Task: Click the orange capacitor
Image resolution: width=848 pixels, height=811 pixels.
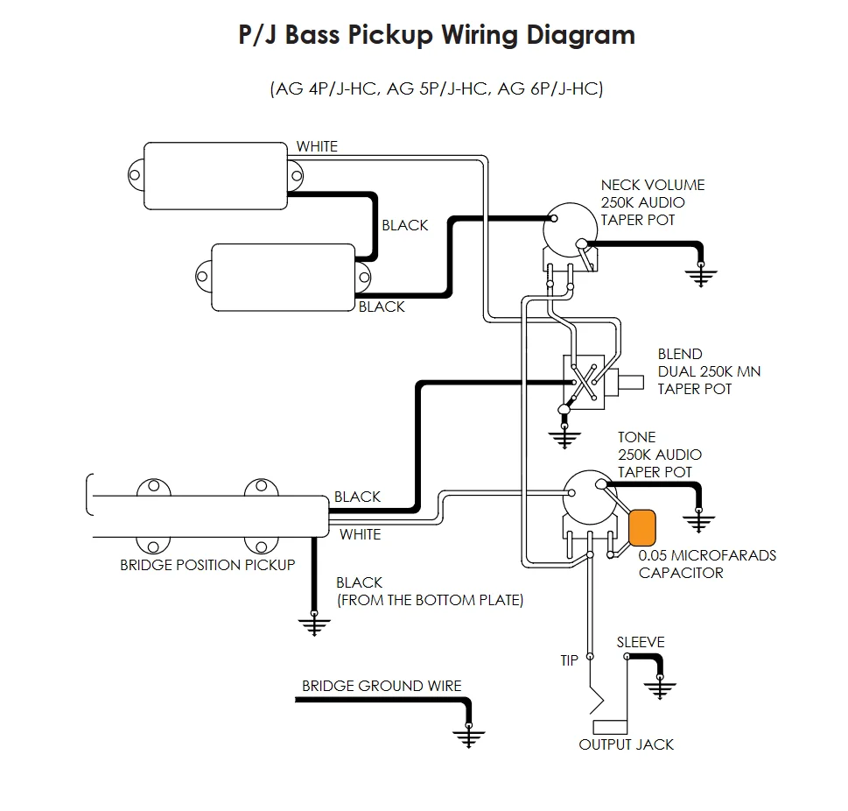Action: [643, 526]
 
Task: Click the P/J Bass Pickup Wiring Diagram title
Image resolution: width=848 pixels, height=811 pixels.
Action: [437, 36]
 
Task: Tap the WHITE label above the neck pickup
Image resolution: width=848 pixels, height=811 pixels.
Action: [317, 146]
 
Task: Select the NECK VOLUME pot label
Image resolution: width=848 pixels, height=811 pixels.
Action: [652, 202]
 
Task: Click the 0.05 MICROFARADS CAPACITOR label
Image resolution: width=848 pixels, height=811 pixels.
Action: [707, 564]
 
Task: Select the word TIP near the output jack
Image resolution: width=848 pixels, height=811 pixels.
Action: [570, 660]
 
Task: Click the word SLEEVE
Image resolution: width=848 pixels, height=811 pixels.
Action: [641, 642]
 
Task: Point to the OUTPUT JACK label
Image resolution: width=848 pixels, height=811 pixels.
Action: [627, 744]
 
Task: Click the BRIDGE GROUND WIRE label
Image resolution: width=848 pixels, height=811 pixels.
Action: [382, 686]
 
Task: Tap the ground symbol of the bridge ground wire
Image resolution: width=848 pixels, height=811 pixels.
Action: [470, 734]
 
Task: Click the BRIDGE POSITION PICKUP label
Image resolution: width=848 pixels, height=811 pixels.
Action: [207, 565]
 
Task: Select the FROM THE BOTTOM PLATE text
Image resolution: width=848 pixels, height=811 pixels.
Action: [430, 600]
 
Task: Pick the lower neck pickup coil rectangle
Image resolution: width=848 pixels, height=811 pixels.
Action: [283, 276]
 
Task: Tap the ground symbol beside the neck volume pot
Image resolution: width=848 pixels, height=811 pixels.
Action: [699, 276]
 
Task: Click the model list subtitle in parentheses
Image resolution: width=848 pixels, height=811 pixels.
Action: [437, 89]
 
